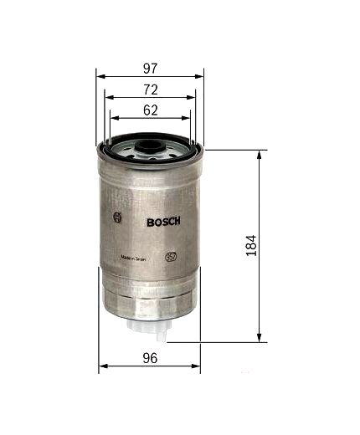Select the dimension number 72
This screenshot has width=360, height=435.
click(x=151, y=89)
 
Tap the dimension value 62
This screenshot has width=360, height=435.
click(x=151, y=109)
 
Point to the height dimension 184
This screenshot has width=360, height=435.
click(x=249, y=245)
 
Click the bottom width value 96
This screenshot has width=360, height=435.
click(x=150, y=358)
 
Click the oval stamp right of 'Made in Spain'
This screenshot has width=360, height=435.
click(x=171, y=256)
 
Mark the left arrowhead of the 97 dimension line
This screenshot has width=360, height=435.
click(x=100, y=76)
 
